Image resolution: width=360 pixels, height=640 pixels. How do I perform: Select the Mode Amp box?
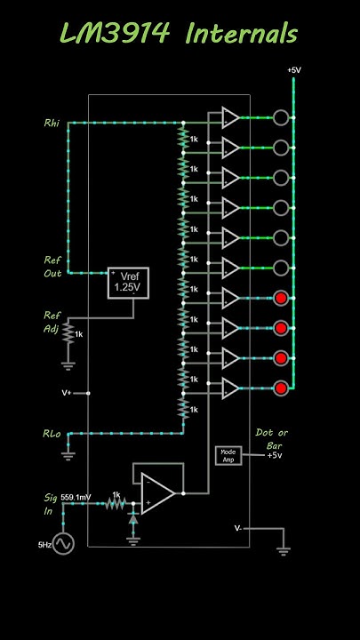pos(228,455)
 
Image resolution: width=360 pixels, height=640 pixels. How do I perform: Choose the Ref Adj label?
pos(53,321)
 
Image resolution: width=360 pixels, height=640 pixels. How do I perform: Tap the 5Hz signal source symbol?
pos(63,543)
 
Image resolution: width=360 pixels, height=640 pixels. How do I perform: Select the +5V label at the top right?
pos(293,69)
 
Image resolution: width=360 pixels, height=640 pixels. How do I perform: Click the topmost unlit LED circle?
pos(282,116)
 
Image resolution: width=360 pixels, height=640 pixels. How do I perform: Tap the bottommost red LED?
pos(282,388)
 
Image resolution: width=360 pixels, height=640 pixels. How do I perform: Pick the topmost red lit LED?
pos(282,298)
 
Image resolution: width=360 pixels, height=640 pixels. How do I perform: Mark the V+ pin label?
pos(67,391)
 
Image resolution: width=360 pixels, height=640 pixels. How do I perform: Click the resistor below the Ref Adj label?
pos(68,334)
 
